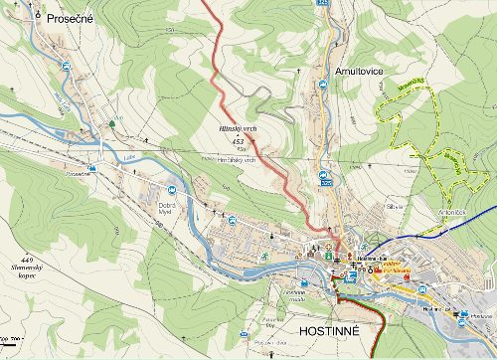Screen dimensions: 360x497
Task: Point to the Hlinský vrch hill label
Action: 239,129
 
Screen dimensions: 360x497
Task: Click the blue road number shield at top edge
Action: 323,4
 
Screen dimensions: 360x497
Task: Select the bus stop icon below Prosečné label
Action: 67,66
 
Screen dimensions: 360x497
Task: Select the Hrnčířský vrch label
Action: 237,159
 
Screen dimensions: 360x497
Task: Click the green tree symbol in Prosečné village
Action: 111,122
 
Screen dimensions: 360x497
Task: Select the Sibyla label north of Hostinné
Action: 393,207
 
